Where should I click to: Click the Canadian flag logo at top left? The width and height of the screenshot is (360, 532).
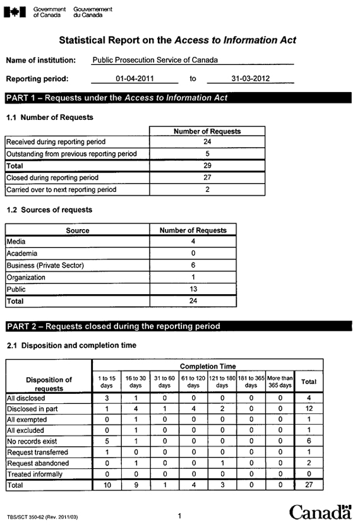click(x=15, y=13)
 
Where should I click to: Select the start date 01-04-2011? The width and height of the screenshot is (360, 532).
click(x=134, y=79)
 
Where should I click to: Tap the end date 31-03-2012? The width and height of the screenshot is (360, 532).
click(x=250, y=79)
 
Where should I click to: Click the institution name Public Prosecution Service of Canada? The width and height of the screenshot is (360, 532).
click(x=155, y=60)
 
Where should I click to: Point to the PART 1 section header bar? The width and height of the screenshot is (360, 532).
click(x=177, y=98)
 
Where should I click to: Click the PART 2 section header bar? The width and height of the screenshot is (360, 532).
click(x=177, y=326)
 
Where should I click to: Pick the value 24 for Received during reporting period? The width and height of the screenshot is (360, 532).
click(x=207, y=142)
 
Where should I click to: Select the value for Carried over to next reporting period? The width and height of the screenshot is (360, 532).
click(x=207, y=189)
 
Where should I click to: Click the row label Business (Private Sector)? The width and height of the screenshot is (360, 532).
click(x=45, y=265)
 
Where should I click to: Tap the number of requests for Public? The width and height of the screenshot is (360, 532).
click(x=193, y=289)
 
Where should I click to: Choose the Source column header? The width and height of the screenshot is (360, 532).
click(x=78, y=230)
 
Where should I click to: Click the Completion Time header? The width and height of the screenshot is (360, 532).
click(x=207, y=365)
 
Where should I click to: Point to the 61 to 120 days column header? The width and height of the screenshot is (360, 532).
click(x=193, y=381)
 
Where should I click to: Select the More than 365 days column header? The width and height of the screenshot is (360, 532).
click(x=280, y=381)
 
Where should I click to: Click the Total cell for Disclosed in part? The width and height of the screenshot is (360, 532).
click(x=309, y=409)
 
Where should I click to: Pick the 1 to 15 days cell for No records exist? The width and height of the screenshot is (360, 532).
click(x=107, y=442)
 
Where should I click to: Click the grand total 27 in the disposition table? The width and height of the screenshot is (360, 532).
click(x=309, y=485)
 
